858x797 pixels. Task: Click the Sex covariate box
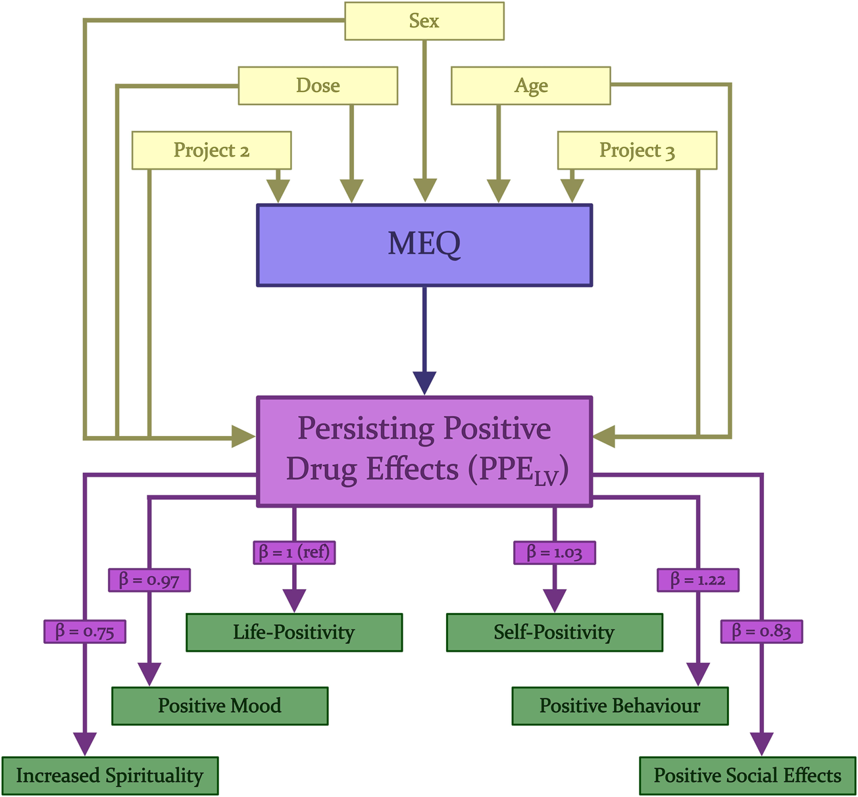point(424,21)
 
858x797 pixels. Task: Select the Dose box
point(318,85)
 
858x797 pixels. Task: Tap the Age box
point(530,85)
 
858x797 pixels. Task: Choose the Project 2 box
point(211,151)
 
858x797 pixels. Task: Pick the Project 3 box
point(637,151)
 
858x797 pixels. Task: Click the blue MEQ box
point(424,245)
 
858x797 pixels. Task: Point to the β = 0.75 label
point(84,631)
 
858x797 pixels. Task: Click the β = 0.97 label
point(149,580)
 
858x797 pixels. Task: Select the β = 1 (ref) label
point(294,552)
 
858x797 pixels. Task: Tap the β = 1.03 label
point(554,552)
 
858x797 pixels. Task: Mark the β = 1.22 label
point(697,580)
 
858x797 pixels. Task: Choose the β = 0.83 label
point(761,631)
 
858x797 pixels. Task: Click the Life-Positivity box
point(294,633)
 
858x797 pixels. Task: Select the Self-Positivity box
point(554,633)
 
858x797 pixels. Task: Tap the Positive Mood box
point(220,706)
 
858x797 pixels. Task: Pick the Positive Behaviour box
point(620,706)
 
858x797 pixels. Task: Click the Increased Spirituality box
point(109,776)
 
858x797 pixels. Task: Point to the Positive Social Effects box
point(747,776)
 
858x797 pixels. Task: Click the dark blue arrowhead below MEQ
point(424,382)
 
